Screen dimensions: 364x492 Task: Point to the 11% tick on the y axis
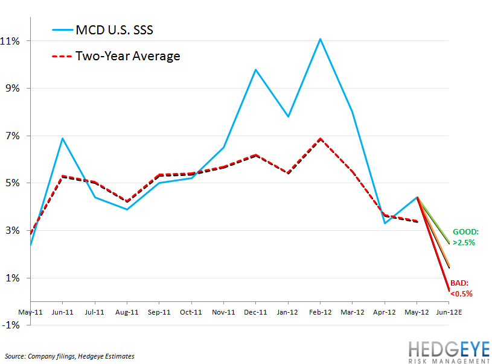coord(14,41)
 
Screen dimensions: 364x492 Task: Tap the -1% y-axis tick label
coord(14,325)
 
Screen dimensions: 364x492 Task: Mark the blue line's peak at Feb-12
coord(320,39)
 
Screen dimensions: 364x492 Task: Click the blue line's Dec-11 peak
coord(255,69)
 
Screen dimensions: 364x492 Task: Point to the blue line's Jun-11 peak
coord(62,138)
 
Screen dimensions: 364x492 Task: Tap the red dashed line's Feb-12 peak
coord(320,139)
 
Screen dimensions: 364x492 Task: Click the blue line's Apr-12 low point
coord(385,224)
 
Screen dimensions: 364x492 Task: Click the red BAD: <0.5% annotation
coord(461,287)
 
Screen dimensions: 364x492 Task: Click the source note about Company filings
coord(69,356)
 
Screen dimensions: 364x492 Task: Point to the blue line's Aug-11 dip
coord(126,210)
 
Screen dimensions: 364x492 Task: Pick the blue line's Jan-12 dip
coord(288,116)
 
